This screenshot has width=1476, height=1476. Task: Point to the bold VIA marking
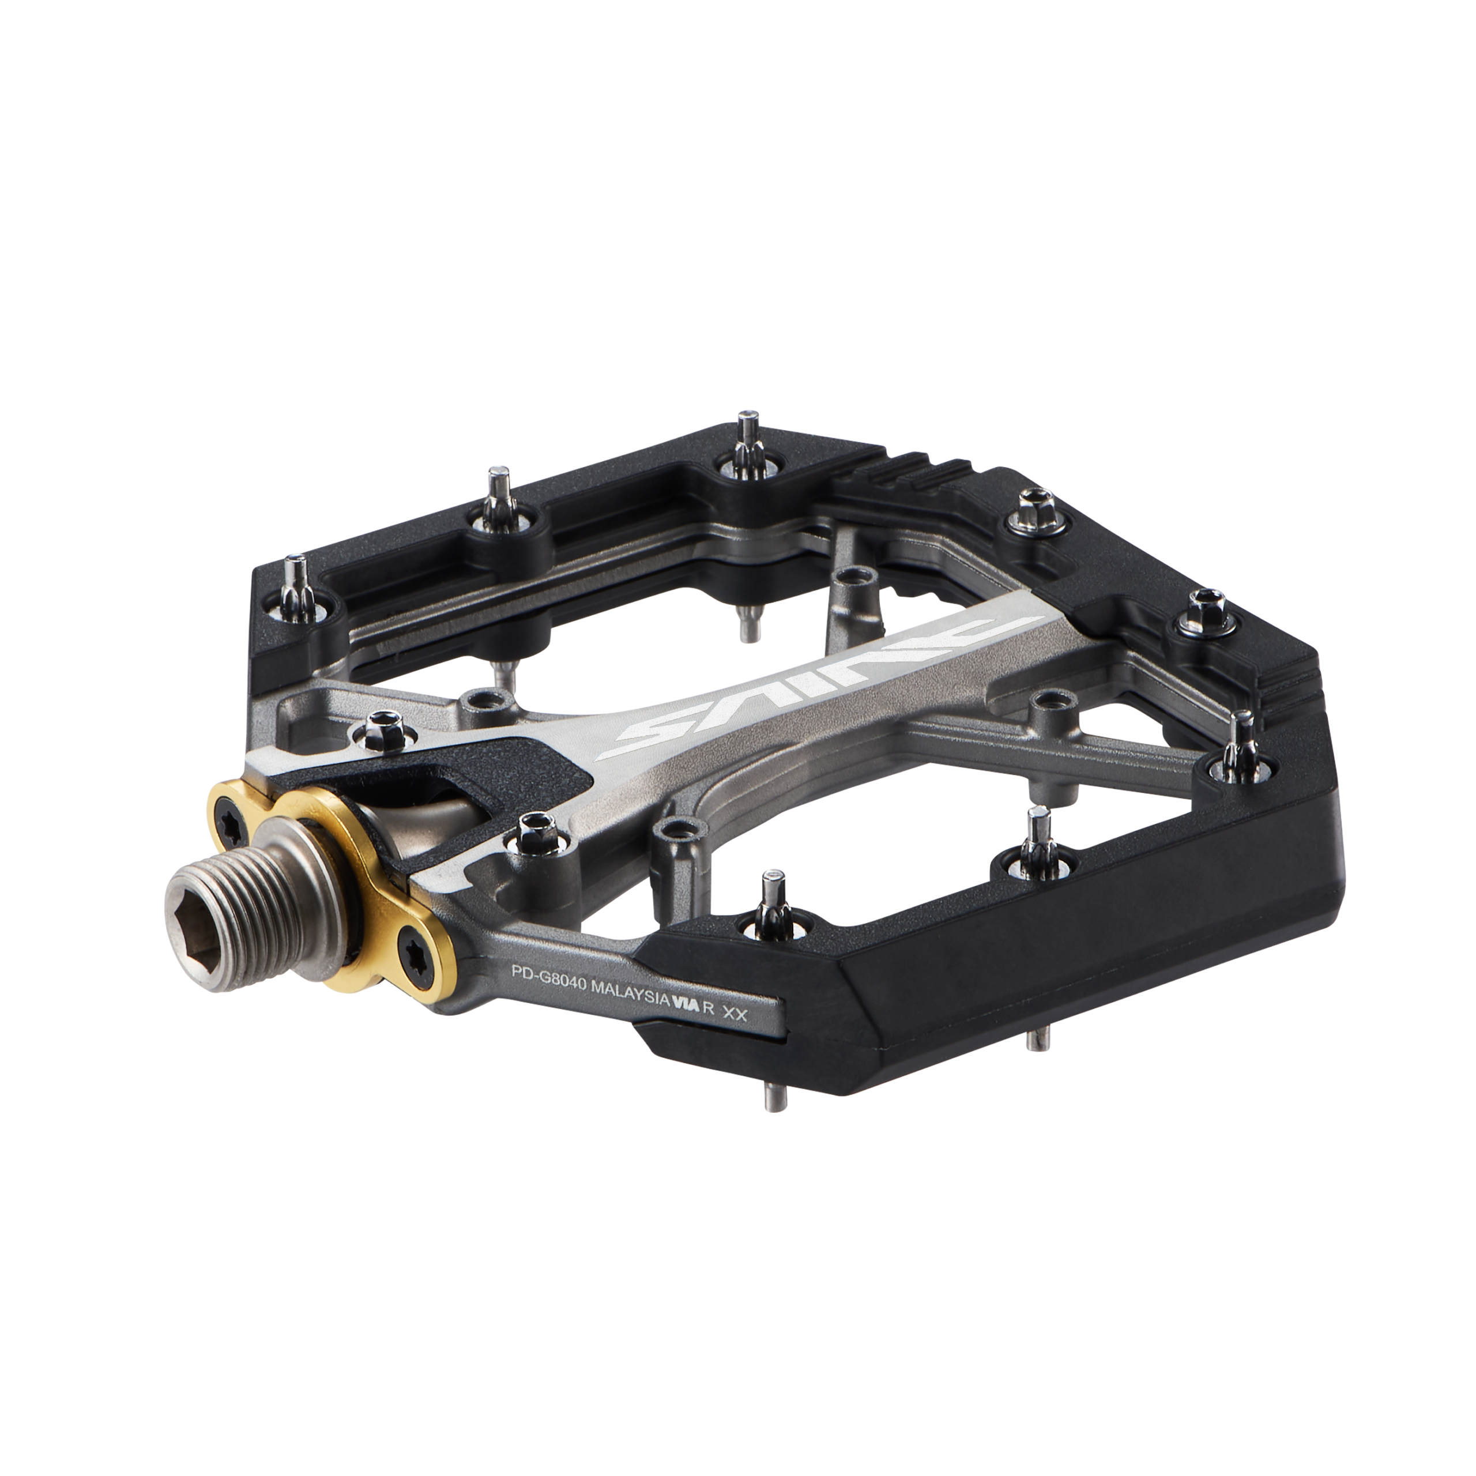point(686,1004)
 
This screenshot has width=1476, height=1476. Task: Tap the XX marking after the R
point(734,1013)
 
